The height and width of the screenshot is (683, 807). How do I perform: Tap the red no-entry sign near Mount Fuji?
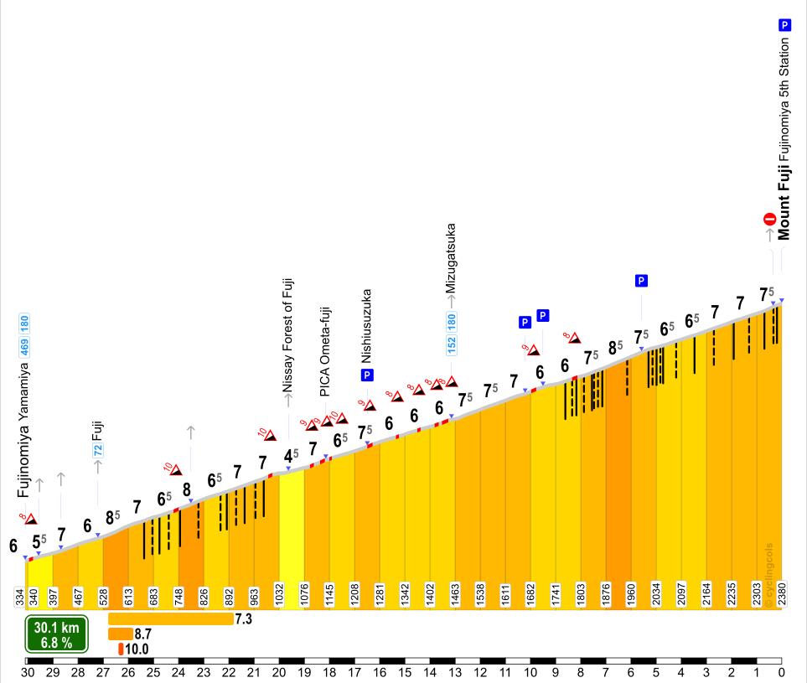tap(769, 220)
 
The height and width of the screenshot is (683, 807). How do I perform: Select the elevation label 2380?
tap(781, 596)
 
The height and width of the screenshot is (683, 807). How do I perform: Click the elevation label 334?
tap(19, 596)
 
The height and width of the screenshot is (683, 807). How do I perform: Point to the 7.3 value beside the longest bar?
tap(244, 618)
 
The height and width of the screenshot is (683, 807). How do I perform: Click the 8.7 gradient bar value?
tap(142, 634)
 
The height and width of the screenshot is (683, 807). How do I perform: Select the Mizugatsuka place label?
tap(452, 258)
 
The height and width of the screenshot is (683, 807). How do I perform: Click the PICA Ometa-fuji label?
tap(325, 351)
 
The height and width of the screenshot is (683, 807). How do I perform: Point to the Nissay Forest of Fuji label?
tap(288, 335)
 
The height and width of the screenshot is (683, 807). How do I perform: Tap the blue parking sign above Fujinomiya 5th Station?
tap(784, 25)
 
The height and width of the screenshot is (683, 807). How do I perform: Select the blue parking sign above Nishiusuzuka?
tap(367, 375)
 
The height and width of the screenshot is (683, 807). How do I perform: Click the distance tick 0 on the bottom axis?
tap(781, 672)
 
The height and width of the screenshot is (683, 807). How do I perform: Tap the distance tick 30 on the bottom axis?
tap(28, 672)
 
